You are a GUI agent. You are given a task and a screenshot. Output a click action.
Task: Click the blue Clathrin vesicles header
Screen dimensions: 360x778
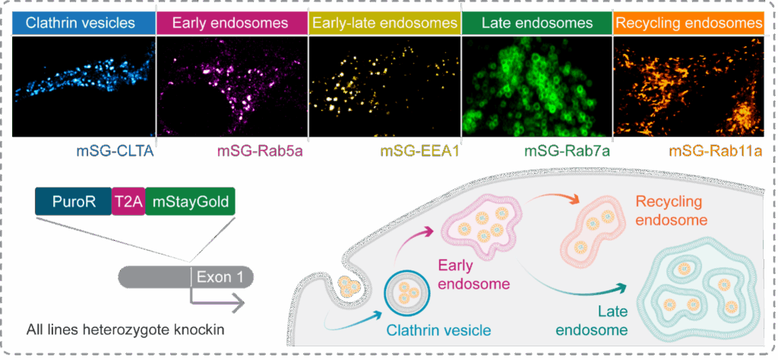tap(78, 24)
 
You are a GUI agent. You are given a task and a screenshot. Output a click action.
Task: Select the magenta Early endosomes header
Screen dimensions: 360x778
tap(230, 24)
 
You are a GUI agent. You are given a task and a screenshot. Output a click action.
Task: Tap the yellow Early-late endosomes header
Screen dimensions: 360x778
tap(384, 24)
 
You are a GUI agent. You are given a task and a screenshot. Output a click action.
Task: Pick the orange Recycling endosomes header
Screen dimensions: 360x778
tap(689, 24)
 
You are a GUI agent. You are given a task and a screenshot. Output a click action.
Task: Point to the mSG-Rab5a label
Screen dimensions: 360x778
tap(261, 152)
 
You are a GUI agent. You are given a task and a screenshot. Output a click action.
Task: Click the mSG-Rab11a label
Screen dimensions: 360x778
tap(725, 152)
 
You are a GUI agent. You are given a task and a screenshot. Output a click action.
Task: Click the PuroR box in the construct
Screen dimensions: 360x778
tap(73, 202)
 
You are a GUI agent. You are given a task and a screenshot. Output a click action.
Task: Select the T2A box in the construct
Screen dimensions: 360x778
tap(127, 202)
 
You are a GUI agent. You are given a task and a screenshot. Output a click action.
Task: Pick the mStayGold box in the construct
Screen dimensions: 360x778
tap(190, 202)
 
